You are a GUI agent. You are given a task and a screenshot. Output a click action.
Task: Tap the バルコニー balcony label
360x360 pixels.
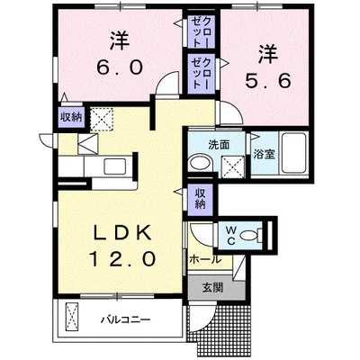[x=125, y=319]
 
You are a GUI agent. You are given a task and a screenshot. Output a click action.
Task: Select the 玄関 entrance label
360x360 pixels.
[x=213, y=288]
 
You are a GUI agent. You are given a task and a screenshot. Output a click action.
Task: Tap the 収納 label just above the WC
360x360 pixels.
[x=200, y=198]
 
